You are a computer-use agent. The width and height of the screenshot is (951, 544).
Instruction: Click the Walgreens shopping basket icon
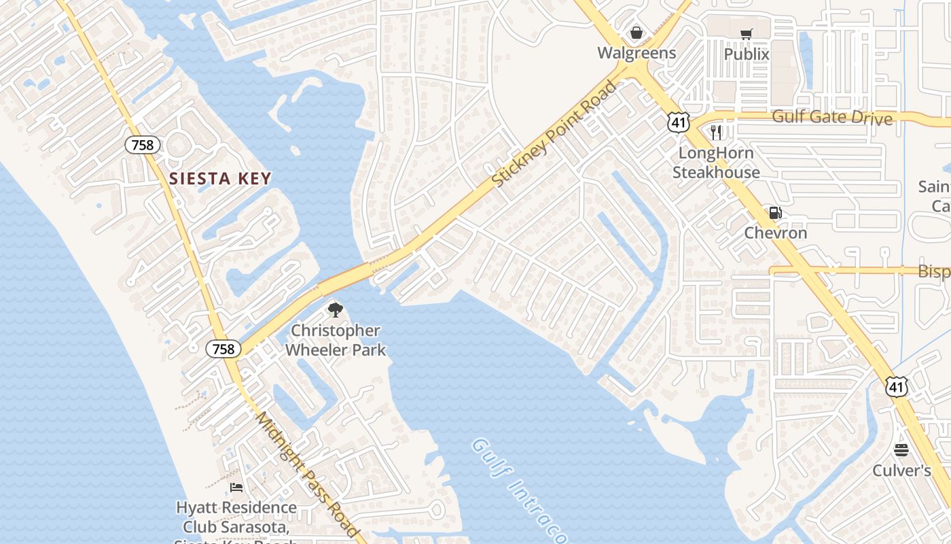[636, 33]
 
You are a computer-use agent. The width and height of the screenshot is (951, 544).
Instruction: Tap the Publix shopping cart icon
[747, 34]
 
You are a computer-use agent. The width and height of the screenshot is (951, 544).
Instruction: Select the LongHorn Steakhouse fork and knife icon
[716, 132]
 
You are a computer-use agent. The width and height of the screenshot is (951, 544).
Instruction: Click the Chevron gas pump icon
[775, 213]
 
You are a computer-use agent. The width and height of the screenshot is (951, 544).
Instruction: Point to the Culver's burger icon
[901, 449]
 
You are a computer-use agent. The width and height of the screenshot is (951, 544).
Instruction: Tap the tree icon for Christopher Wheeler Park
[335, 310]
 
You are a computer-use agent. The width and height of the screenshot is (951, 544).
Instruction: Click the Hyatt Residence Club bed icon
[236, 487]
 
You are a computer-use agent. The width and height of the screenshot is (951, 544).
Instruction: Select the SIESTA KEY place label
[220, 179]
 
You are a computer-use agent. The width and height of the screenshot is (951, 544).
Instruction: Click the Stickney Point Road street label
[554, 135]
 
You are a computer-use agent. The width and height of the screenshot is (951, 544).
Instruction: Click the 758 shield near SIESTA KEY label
[143, 144]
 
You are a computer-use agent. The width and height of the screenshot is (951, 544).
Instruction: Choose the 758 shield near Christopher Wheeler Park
[223, 349]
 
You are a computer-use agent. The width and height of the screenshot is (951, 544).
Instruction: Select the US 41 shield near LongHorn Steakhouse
[678, 122]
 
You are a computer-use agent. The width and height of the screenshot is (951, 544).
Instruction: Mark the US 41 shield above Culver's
[896, 387]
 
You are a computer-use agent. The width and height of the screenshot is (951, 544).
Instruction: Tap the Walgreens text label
[636, 53]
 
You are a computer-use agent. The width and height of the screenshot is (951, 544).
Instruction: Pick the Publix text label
[747, 54]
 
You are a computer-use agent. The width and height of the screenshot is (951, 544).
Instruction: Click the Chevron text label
[776, 233]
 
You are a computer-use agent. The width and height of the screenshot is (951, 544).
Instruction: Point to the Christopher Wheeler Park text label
[336, 340]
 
